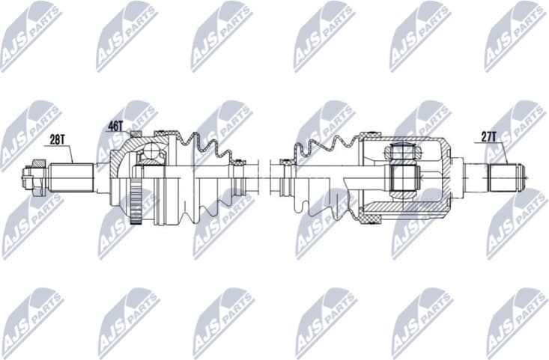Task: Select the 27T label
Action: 488,136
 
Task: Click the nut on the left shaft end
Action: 30,178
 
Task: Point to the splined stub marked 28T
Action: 71,178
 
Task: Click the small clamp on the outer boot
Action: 238,177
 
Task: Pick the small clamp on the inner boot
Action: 285,178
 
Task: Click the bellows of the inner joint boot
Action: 330,153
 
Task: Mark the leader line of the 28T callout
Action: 71,153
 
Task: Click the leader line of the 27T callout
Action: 505,153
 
